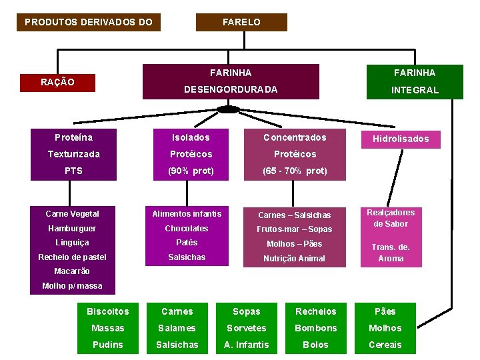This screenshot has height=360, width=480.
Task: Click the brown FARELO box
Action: [241, 22]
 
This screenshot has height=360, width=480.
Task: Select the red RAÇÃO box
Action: [57, 82]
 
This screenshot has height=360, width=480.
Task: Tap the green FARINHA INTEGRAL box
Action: [415, 81]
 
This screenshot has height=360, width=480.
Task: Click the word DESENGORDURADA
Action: [231, 89]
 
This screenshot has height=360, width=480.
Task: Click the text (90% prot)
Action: [191, 171]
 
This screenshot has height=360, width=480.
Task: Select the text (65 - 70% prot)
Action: [295, 171]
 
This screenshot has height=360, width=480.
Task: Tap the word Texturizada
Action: [73, 154]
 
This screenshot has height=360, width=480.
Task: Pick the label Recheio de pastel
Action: [72, 257]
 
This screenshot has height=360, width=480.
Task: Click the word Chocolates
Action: [187, 228]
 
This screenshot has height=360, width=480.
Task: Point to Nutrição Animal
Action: [294, 258]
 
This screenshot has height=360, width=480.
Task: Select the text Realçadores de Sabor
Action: [391, 218]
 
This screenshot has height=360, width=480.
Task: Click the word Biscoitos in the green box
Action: [108, 311]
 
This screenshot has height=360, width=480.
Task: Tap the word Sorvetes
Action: [247, 328]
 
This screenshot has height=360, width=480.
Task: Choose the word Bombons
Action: [315, 328]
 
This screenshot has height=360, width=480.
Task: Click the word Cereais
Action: [385, 345]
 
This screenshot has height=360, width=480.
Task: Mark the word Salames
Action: [177, 328]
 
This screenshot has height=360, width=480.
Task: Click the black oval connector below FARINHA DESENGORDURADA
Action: [228, 109]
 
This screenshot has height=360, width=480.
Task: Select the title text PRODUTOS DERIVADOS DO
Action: [89, 22]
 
